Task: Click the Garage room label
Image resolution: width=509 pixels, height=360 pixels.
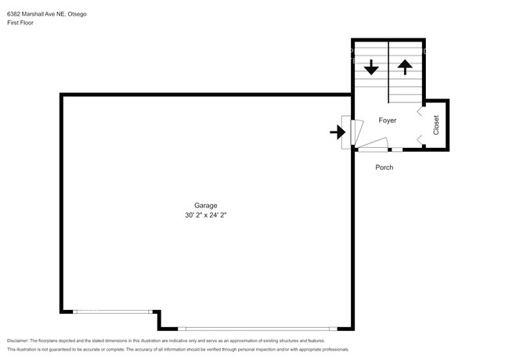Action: click(205, 206)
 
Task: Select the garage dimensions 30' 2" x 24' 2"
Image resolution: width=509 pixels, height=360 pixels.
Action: click(205, 215)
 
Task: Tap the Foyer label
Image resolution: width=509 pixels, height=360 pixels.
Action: click(388, 121)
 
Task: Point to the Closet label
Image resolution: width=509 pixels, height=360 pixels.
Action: click(436, 125)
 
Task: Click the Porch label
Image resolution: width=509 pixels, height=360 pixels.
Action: click(384, 167)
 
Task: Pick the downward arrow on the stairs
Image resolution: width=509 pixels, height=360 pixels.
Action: click(371, 67)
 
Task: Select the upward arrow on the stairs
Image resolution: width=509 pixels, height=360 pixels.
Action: click(405, 67)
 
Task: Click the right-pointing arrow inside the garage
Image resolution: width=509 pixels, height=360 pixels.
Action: click(338, 132)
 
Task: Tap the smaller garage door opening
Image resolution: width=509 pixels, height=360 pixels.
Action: click(113, 311)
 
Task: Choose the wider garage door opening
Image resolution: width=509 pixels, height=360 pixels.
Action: click(258, 329)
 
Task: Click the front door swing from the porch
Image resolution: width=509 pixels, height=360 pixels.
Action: click(373, 145)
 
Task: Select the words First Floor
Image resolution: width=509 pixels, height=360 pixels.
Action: click(20, 23)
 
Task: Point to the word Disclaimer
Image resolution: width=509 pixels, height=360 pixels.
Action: click(17, 341)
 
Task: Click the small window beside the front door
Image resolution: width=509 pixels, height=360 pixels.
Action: click(397, 149)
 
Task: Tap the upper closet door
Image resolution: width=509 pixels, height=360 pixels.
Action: click(420, 111)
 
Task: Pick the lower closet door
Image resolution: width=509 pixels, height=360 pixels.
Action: click(420, 140)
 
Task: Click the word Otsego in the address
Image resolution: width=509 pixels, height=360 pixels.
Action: click(78, 14)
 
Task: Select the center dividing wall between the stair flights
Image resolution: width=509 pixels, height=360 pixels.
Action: click(388, 72)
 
